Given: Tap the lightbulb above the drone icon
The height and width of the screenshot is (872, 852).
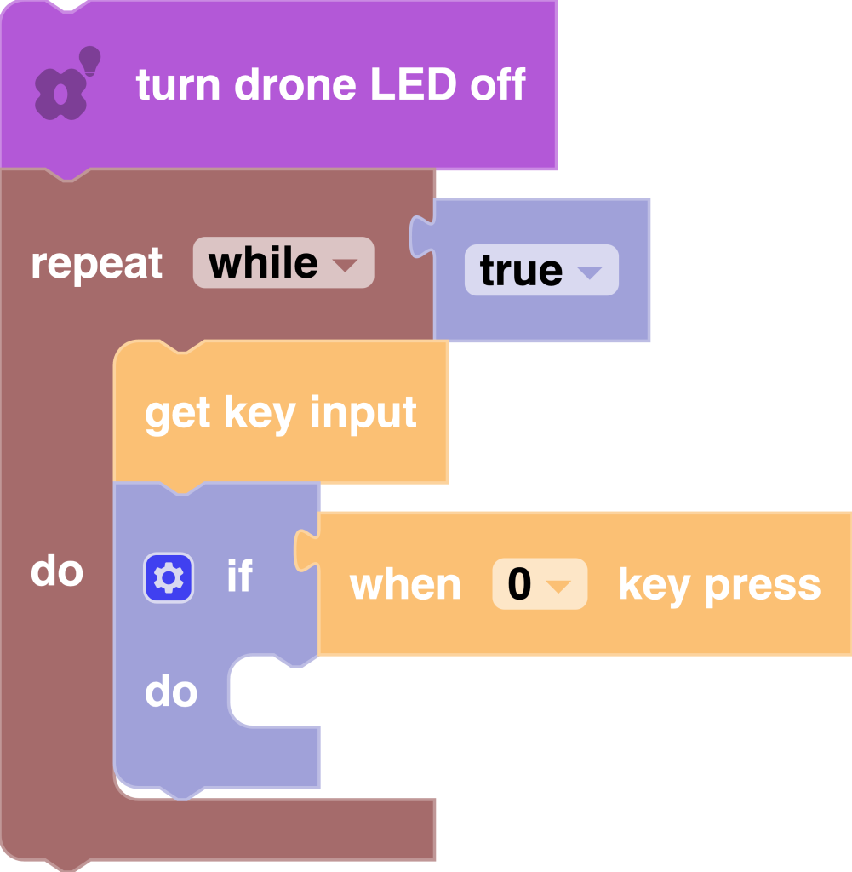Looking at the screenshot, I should [x=89, y=60].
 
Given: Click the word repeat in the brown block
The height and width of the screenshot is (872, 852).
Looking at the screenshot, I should [x=96, y=263].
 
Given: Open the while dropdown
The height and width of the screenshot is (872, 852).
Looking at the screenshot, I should [x=283, y=263].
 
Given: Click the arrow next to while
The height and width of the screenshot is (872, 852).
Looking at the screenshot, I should [x=345, y=265].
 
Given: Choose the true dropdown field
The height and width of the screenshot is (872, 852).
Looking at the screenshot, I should [x=540, y=271].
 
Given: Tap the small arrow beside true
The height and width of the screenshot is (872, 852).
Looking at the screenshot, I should [x=589, y=272].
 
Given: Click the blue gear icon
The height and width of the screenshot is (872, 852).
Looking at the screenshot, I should [x=169, y=578].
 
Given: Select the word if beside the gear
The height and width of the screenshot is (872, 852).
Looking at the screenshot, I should [x=239, y=577].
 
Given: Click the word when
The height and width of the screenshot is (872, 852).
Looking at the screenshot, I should [x=405, y=585].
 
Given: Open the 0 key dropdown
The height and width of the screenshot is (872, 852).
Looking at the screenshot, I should [x=539, y=585].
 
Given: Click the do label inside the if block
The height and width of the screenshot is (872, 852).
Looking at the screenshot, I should [x=171, y=692].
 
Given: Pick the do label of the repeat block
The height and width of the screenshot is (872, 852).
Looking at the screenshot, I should [x=57, y=571].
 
